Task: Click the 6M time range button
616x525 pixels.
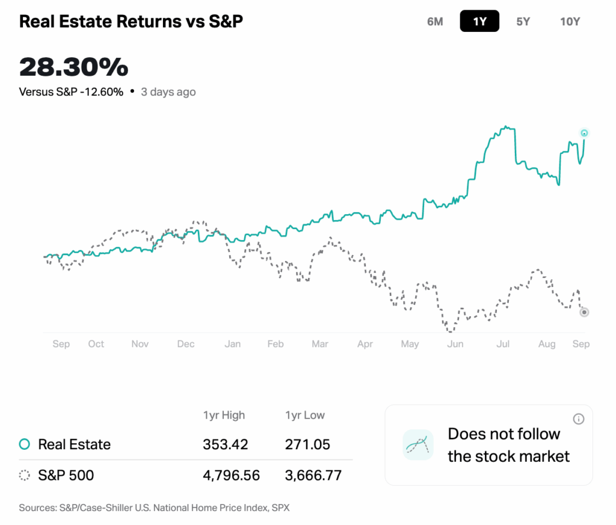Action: click(435, 22)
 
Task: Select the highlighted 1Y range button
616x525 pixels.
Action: click(479, 22)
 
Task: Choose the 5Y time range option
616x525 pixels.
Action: click(523, 22)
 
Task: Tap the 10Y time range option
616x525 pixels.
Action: click(570, 22)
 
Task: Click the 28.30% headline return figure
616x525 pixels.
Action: click(73, 67)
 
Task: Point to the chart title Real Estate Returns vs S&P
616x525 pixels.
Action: click(131, 22)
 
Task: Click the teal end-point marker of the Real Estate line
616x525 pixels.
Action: click(584, 133)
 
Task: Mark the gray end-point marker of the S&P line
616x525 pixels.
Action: click(584, 312)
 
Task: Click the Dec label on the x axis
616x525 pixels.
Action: click(186, 344)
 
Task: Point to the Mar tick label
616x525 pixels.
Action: click(320, 344)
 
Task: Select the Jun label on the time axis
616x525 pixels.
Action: click(455, 344)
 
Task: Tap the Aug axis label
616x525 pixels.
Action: click(547, 344)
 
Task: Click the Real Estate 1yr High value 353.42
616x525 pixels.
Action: click(225, 445)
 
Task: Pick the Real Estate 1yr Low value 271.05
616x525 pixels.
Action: click(307, 445)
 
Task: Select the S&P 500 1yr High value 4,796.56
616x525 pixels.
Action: click(232, 476)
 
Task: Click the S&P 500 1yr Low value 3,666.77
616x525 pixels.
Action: click(313, 476)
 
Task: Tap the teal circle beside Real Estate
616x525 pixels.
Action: click(25, 444)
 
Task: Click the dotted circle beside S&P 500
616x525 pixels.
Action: click(25, 476)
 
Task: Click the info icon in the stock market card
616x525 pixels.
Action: click(579, 419)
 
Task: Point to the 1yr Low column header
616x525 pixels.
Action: click(305, 415)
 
